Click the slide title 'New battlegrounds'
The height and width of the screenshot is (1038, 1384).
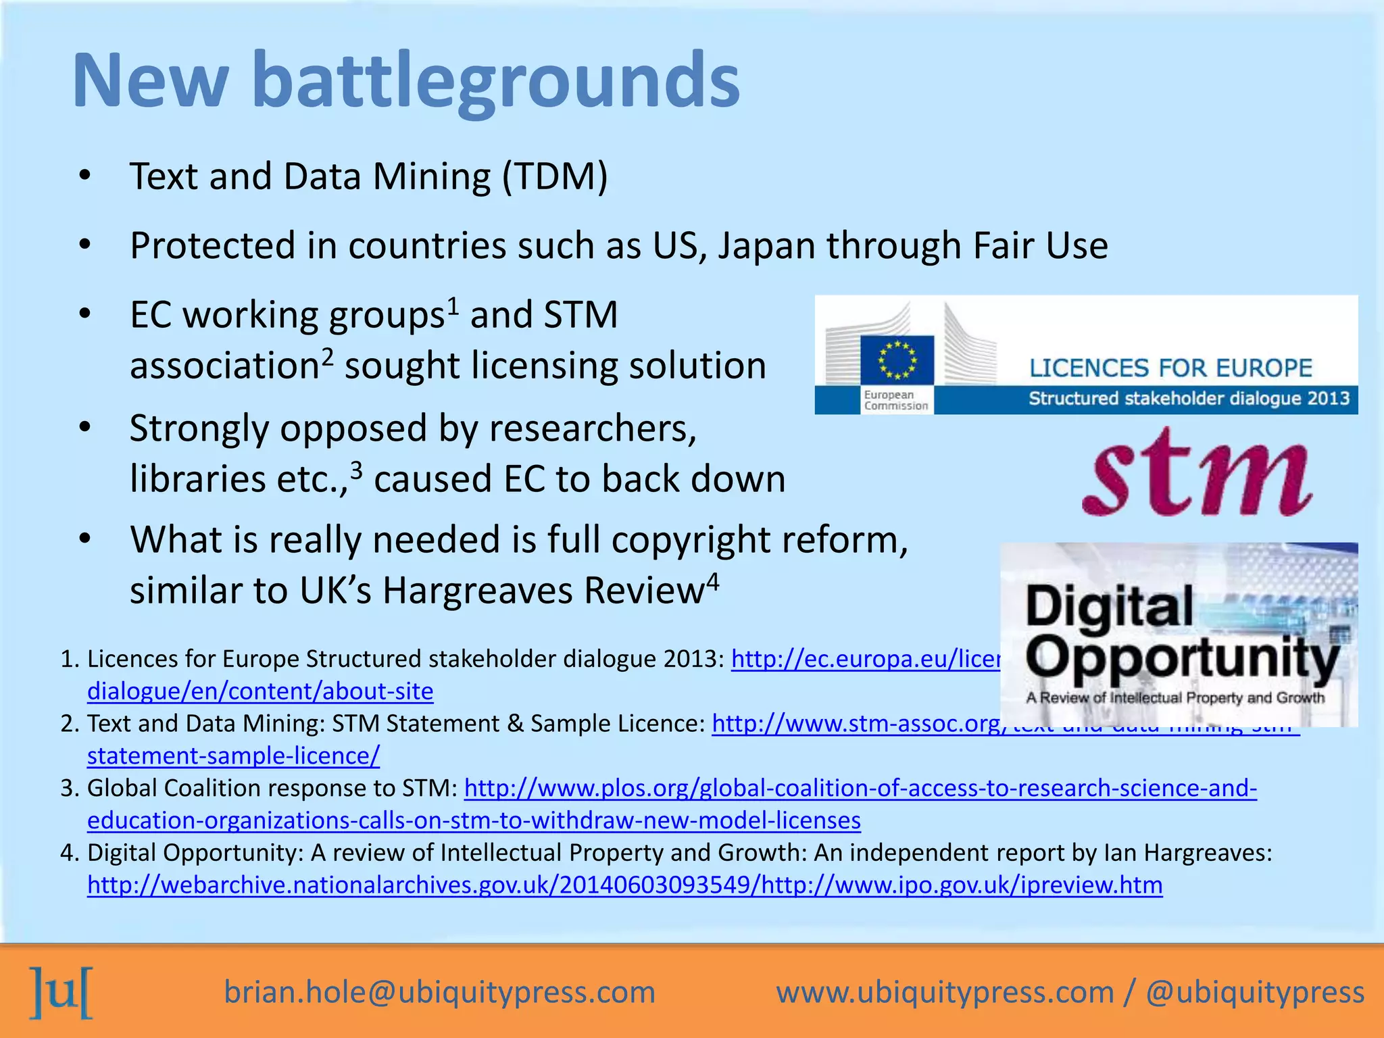(405, 81)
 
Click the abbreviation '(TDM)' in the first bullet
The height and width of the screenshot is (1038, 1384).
(554, 177)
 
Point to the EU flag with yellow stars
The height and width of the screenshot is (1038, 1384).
(897, 360)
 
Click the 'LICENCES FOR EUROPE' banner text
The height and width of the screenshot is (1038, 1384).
(1170, 368)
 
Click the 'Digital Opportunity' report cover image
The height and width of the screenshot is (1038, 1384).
(1179, 635)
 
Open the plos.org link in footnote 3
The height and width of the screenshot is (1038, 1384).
(860, 789)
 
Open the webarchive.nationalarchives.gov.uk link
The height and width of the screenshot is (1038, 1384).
(624, 885)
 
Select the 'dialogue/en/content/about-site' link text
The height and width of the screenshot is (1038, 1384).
(260, 691)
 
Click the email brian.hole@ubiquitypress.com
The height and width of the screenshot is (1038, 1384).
(439, 992)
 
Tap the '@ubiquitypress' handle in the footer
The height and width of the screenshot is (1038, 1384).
(1255, 992)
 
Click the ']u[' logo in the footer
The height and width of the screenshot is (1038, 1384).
(61, 992)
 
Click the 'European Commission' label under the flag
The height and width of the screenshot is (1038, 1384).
(895, 400)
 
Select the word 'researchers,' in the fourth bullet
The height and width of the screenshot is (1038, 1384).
(593, 429)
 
